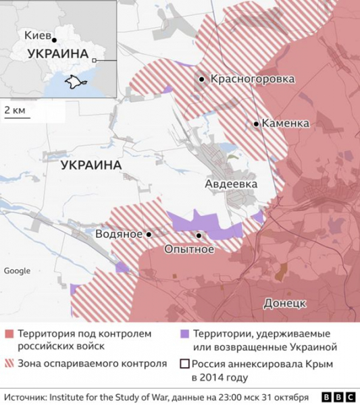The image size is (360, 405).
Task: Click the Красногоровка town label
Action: pyautogui.click(x=253, y=79)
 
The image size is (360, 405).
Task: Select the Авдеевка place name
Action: pyautogui.click(x=230, y=183)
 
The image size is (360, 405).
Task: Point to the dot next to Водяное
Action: pyautogui.click(x=149, y=234)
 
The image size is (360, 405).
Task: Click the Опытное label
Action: pyautogui.click(x=189, y=249)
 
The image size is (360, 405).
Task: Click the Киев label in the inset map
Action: pyautogui.click(x=35, y=36)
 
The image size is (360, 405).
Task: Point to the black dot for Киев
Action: pyautogui.click(x=54, y=39)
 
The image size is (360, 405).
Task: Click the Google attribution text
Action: pyautogui.click(x=17, y=271)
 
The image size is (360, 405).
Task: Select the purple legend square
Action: pyautogui.click(x=184, y=334)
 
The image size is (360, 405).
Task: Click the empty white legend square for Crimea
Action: pyautogui.click(x=184, y=363)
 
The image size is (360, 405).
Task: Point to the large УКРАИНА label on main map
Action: pyautogui.click(x=91, y=165)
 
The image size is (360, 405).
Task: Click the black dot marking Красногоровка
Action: pyautogui.click(x=202, y=80)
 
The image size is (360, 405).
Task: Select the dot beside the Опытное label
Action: pyautogui.click(x=199, y=236)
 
